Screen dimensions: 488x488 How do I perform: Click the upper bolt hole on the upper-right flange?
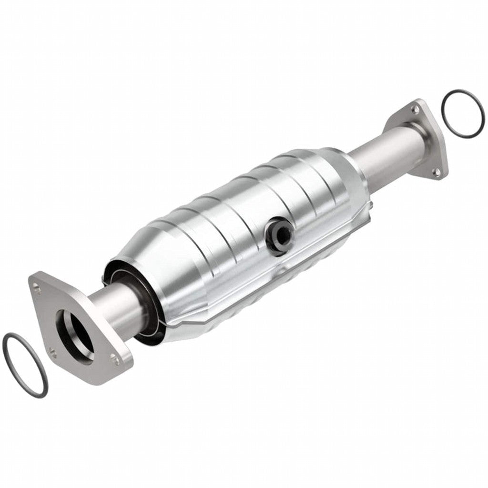(416, 110)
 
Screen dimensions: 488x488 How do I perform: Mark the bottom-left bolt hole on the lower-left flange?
(52, 353)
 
